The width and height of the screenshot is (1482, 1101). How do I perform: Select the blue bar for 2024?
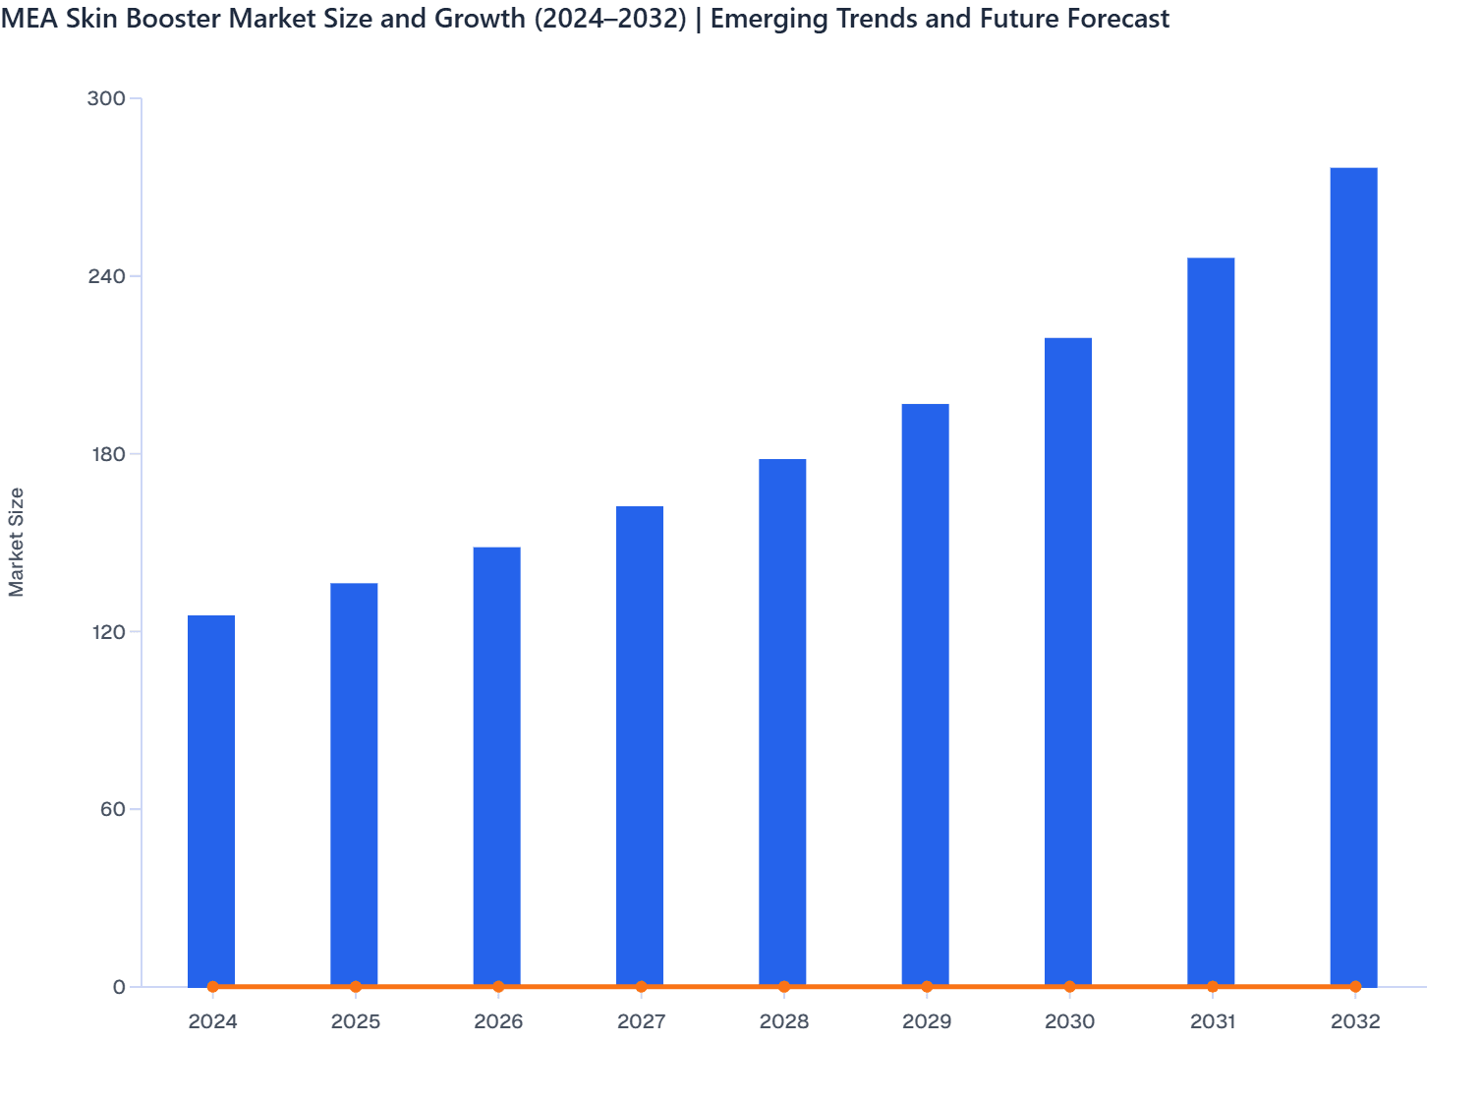click(211, 800)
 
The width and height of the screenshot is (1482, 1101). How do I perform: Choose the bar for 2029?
click(925, 694)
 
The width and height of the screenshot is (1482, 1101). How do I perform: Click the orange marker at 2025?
click(356, 986)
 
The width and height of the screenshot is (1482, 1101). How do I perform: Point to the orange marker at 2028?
click(784, 986)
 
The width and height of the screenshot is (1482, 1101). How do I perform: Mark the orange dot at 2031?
click(1213, 986)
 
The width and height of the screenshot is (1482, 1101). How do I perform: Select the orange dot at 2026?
click(498, 986)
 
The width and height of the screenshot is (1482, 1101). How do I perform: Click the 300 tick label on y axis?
click(106, 98)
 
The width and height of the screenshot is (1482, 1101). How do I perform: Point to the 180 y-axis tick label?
click(106, 454)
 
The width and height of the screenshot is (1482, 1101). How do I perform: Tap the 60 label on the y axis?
click(112, 809)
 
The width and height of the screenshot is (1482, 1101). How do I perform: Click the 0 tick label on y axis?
click(119, 987)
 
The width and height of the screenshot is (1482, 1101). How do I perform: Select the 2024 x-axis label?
click(212, 1022)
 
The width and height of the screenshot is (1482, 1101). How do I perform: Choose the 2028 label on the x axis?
click(784, 1022)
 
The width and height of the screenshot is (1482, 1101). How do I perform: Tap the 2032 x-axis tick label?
click(1355, 1022)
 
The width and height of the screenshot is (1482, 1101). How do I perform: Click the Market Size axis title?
click(17, 542)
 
